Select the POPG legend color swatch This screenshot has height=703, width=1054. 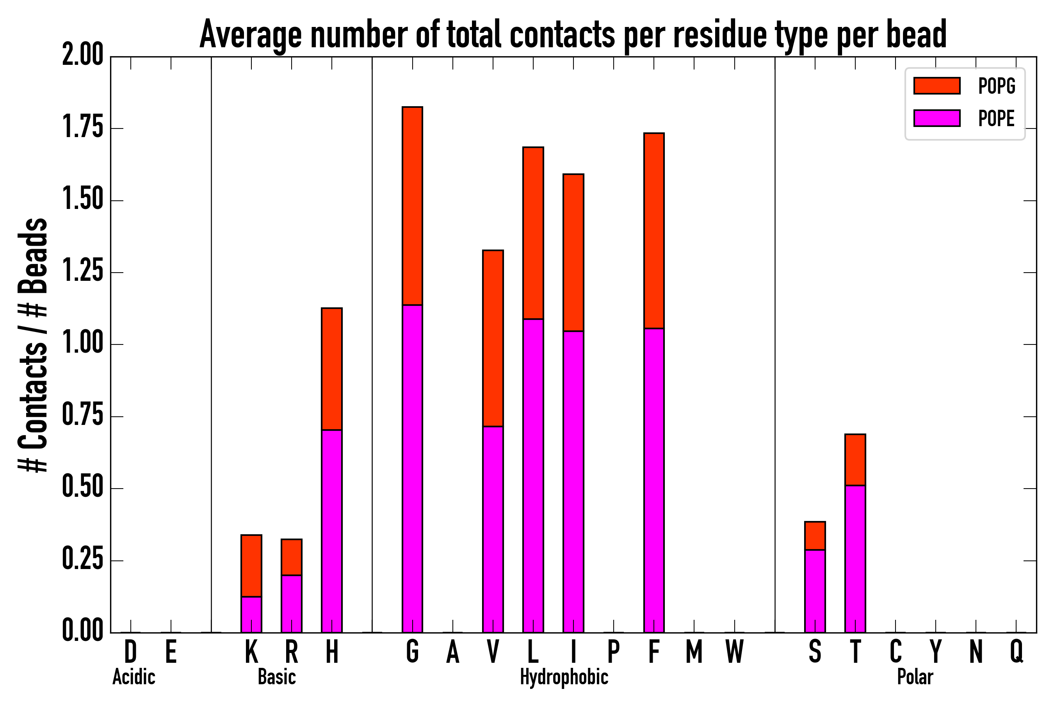tap(936, 86)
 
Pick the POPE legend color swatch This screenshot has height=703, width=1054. tap(936, 118)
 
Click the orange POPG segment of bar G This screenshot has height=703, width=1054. tap(412, 206)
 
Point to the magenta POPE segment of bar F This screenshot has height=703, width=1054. tap(654, 480)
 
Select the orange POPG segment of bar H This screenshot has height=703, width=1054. tap(331, 369)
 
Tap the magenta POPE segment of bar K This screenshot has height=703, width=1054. tap(251, 614)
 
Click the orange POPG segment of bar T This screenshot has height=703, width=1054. tap(855, 460)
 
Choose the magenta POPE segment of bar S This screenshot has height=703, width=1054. tap(815, 591)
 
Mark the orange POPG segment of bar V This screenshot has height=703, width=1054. tap(493, 339)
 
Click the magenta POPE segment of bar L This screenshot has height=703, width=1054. tap(533, 475)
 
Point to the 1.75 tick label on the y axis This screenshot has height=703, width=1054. tap(83, 128)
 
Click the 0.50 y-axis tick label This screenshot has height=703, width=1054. tap(83, 488)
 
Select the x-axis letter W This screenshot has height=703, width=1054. tap(735, 652)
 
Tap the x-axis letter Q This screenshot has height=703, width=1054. tap(1017, 652)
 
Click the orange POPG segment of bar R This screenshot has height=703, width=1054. tap(291, 557)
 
